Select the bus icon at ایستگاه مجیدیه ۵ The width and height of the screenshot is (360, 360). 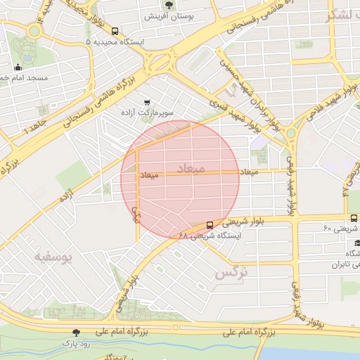click(x=115, y=31)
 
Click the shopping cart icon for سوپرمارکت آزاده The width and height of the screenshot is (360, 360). click(x=147, y=101)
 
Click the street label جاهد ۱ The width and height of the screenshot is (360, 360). click(x=33, y=129)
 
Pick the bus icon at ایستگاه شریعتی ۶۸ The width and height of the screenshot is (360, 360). click(x=210, y=225)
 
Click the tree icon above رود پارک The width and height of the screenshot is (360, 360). click(x=77, y=332)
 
